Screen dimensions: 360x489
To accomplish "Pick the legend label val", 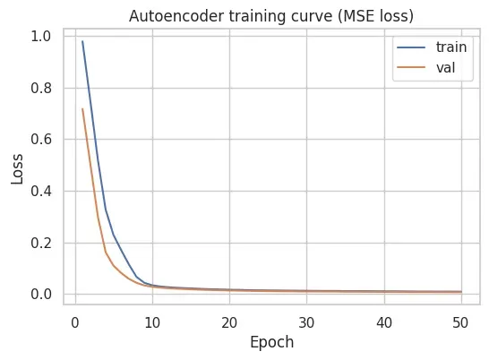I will (431, 65).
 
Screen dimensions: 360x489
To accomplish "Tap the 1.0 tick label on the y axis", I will (40, 37).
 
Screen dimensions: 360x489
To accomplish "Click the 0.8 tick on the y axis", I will (40, 89).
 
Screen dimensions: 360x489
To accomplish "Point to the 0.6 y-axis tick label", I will (40, 140).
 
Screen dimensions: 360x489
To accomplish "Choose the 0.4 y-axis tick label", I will (40, 192).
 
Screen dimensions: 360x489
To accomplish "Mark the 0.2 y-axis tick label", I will (40, 243).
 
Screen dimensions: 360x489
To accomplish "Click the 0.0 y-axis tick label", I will (40, 295).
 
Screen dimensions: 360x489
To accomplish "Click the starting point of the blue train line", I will (82, 41).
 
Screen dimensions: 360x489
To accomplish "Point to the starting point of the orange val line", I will (82, 109).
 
